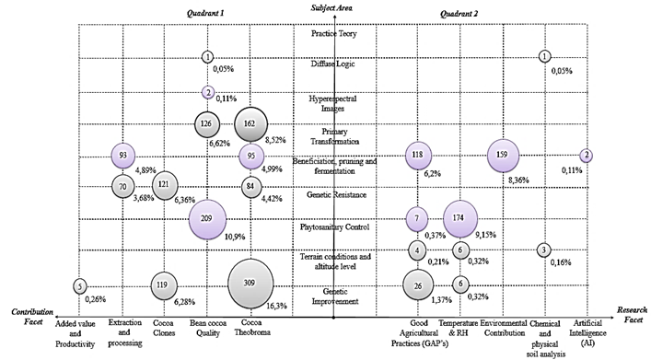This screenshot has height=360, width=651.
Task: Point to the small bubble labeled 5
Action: (81, 286)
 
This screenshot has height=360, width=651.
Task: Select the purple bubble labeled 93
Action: (124, 156)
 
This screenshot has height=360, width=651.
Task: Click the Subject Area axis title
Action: (333, 8)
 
